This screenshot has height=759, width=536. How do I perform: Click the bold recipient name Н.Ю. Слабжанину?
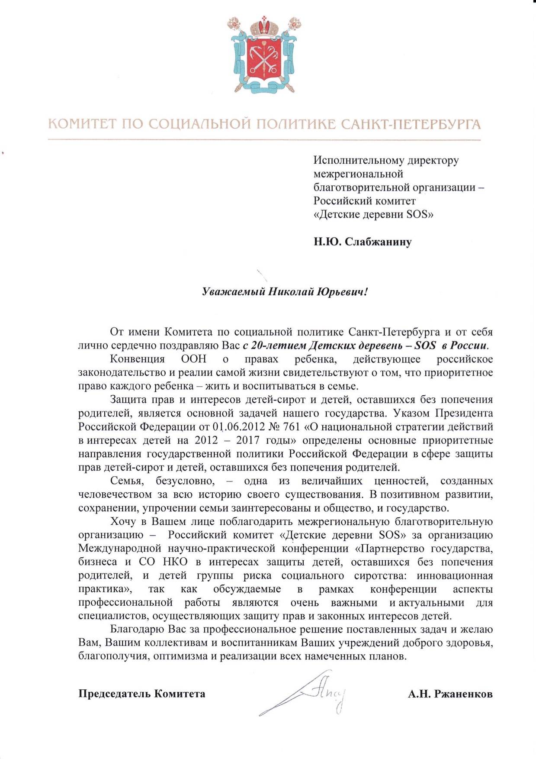click(x=363, y=242)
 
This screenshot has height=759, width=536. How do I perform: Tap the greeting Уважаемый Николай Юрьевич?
click(x=285, y=292)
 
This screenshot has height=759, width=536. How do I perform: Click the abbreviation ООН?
click(x=193, y=359)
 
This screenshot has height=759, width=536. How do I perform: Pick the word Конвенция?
click(x=138, y=359)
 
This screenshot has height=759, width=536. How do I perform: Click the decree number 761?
click(x=290, y=427)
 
